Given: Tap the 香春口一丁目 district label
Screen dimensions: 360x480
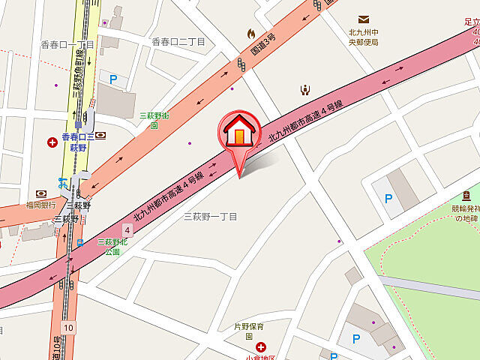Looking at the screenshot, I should tap(67, 45).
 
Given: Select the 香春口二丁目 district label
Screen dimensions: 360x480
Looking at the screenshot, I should tap(178, 42).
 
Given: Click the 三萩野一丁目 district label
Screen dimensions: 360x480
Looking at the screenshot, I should tap(211, 217).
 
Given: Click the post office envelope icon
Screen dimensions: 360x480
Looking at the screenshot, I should tap(364, 19).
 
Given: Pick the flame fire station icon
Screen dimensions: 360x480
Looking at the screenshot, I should tap(251, 33).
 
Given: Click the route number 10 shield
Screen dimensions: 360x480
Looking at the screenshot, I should tap(68, 328).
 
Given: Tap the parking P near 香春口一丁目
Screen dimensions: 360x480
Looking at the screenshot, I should tap(114, 79).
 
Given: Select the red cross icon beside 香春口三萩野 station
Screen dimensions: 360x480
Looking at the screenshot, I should tap(52, 142).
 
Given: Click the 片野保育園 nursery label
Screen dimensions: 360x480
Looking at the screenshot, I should tap(250, 331).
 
